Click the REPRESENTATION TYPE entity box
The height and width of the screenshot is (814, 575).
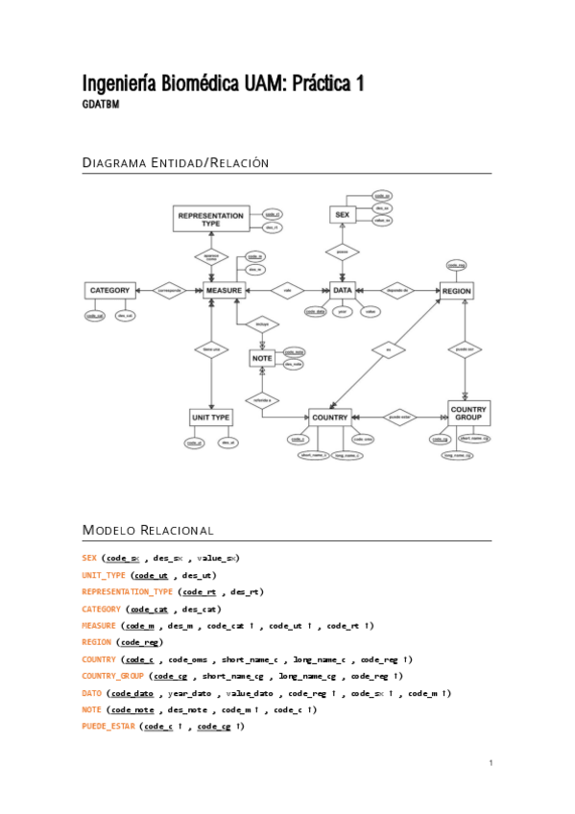[x=210, y=219]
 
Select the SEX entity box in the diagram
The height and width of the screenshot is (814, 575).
[x=342, y=215]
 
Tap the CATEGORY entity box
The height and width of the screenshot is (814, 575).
[x=108, y=290]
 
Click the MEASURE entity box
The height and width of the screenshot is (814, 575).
[x=224, y=290]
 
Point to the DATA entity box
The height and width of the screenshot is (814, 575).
[x=343, y=289]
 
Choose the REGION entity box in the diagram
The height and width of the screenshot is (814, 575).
[x=456, y=290]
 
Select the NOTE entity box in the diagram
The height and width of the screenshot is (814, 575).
[x=262, y=358]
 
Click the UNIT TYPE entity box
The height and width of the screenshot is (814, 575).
[x=210, y=418]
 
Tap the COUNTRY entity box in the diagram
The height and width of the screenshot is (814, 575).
[x=329, y=418]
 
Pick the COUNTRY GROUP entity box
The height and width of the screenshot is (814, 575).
[x=468, y=414]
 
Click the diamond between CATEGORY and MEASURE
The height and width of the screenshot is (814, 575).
[x=169, y=290]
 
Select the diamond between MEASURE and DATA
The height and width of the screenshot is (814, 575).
[x=286, y=290]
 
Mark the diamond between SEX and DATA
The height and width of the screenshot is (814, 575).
[x=341, y=252]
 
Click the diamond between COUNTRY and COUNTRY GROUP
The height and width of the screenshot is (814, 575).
[x=398, y=418]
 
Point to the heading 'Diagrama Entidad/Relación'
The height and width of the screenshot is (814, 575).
[x=176, y=163]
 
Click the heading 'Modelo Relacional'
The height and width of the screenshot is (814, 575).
[x=148, y=530]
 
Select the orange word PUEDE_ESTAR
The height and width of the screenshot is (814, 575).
[x=108, y=727]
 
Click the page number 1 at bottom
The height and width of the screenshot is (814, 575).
[x=490, y=763]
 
